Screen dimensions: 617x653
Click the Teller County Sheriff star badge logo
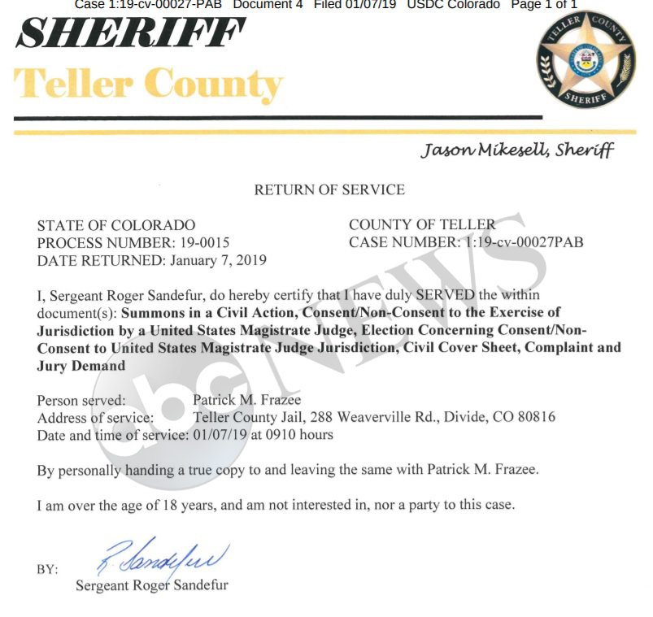coord(585,63)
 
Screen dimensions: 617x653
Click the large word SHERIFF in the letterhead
coord(130,33)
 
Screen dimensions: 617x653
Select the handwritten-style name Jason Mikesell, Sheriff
coord(517,150)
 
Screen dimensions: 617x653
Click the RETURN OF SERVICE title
coord(329,189)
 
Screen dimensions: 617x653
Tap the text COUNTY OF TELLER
coord(422,224)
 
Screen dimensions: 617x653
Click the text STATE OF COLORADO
coord(116,224)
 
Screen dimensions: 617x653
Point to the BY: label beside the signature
coord(47,569)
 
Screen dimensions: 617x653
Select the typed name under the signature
coord(152,585)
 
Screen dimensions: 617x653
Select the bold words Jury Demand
coord(81,365)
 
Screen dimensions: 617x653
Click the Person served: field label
coord(81,400)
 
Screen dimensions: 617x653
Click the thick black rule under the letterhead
coord(276,118)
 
